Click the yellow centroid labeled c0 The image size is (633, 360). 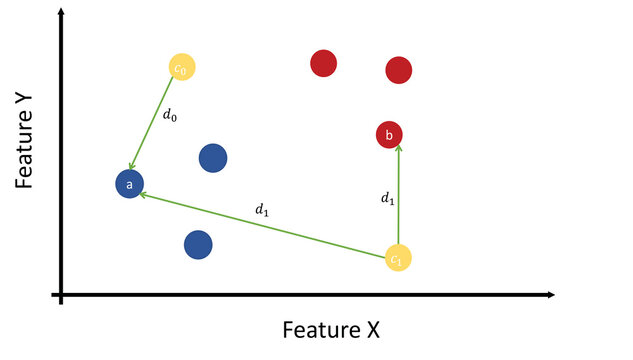[181, 67]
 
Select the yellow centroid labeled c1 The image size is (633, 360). [398, 258]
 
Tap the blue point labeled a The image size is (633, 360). [129, 184]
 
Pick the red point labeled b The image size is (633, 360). [389, 134]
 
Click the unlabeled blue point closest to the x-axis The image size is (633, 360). [198, 244]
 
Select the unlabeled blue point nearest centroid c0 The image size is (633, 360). [213, 158]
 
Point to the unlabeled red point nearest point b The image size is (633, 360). [398, 70]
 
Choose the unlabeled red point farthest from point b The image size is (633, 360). [323, 64]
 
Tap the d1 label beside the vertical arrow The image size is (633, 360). [388, 199]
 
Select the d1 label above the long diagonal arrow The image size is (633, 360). [262, 210]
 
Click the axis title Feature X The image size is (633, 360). [331, 329]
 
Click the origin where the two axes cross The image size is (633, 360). [62, 295]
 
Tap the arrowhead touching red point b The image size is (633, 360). [398, 150]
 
